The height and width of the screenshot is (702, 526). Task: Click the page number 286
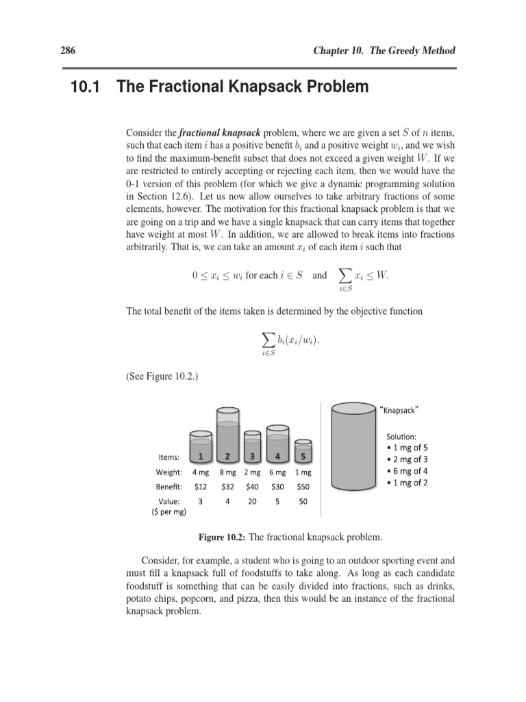(x=70, y=51)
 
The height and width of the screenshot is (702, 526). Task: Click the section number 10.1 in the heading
(x=87, y=87)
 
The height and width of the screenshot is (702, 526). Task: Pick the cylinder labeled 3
(x=253, y=447)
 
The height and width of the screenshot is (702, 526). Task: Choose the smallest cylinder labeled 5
(x=303, y=451)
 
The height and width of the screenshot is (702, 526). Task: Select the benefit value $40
(x=253, y=487)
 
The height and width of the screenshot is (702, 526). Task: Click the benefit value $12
(x=200, y=487)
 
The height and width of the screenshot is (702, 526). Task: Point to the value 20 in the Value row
(x=253, y=502)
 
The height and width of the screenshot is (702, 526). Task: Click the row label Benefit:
(x=168, y=487)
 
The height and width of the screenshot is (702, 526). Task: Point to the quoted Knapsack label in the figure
(x=399, y=410)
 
